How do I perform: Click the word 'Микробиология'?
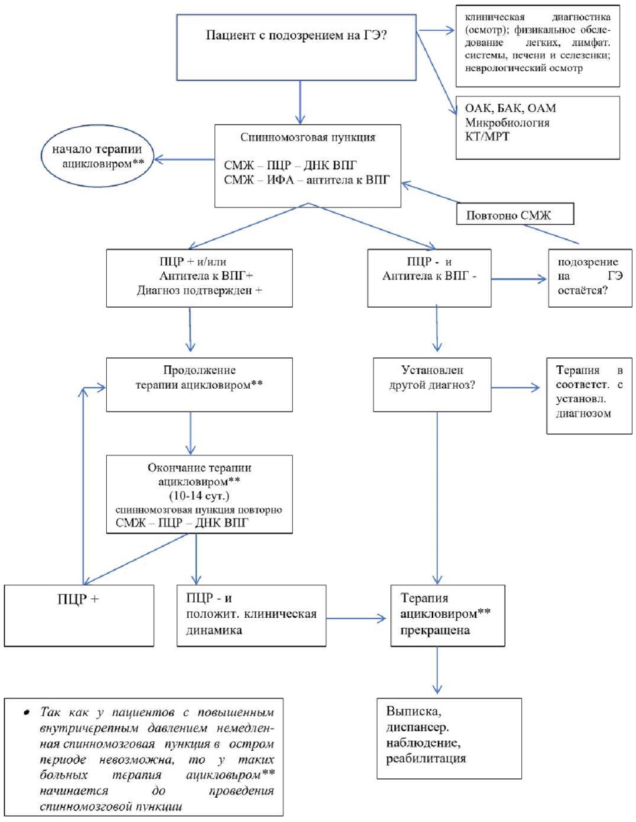click(x=507, y=123)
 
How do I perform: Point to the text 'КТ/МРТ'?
click(x=487, y=136)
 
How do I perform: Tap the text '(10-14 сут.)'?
click(x=199, y=496)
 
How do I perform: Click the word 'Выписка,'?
click(x=414, y=711)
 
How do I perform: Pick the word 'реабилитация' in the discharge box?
click(x=426, y=758)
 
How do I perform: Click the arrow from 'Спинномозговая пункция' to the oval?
click(x=184, y=159)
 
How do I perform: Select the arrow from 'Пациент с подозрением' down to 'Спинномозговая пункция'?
click(x=300, y=102)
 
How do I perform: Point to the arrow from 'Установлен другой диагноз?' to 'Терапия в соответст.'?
click(x=516, y=387)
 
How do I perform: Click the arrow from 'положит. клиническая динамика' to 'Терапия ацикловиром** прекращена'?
click(x=356, y=619)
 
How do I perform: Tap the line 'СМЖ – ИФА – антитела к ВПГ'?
click(x=307, y=180)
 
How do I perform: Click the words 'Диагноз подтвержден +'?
click(x=199, y=291)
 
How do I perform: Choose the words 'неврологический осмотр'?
click(x=524, y=68)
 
